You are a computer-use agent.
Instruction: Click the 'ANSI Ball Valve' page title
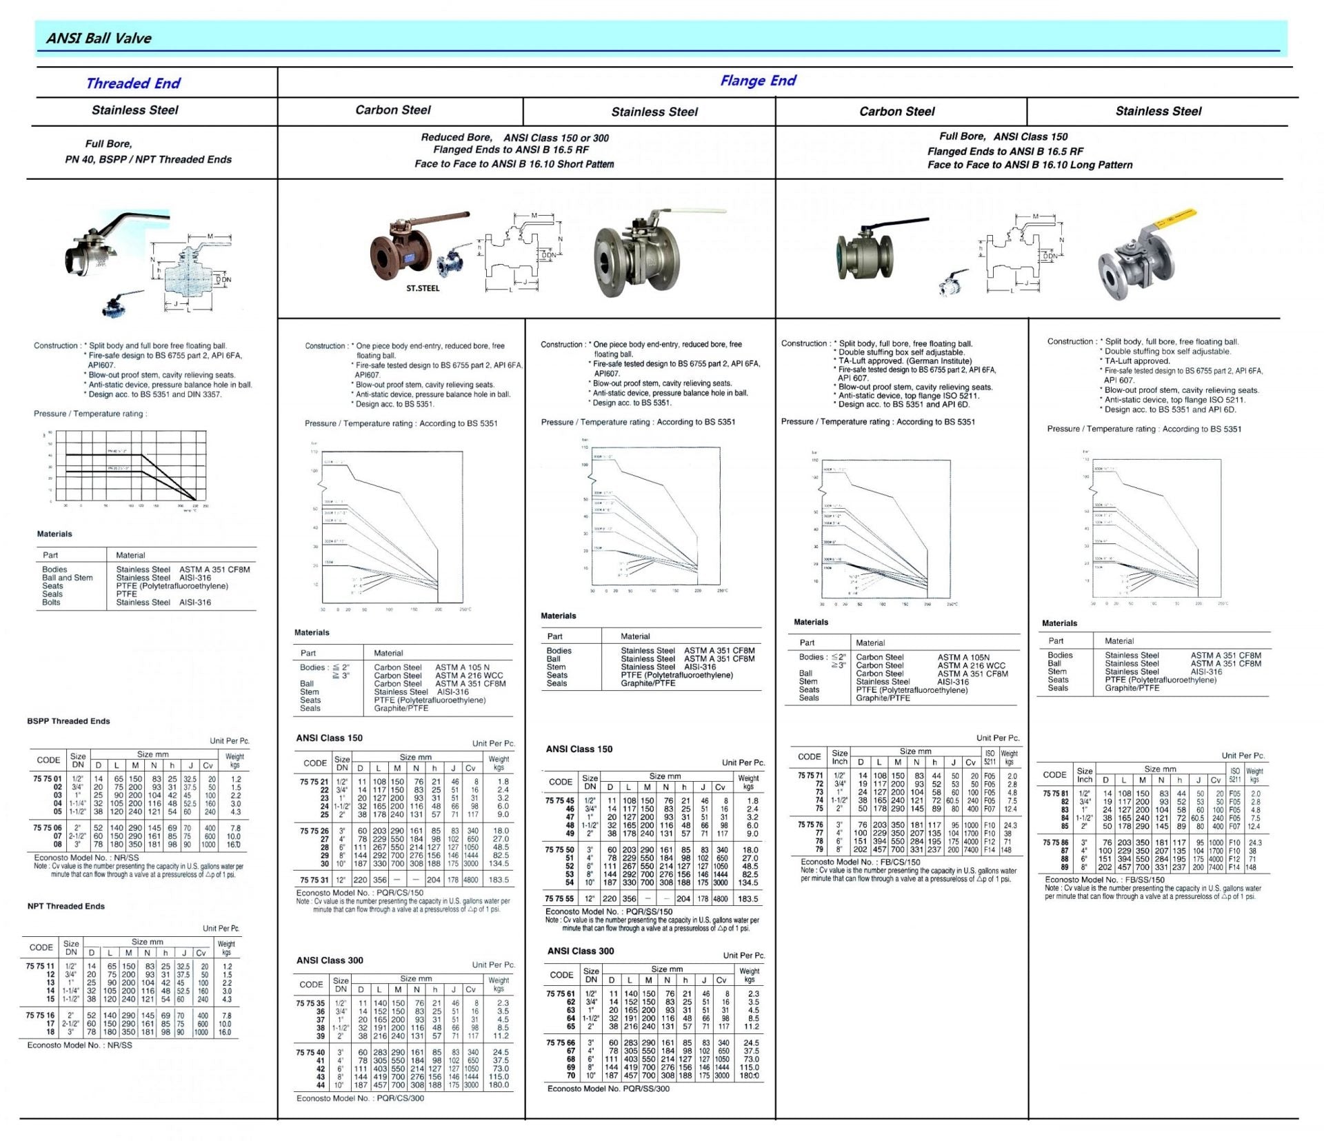99,39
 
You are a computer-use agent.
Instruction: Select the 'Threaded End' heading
132,83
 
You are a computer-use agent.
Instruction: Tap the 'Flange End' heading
757,81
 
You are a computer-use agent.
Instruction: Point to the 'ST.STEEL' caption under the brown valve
422,288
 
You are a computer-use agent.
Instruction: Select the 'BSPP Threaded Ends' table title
68,721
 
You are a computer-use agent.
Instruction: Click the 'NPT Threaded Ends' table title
66,906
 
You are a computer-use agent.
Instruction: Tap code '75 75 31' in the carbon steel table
314,880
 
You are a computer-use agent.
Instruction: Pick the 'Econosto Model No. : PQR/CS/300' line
360,1098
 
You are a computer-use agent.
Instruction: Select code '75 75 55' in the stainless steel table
559,898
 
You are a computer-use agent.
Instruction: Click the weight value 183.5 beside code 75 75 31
498,880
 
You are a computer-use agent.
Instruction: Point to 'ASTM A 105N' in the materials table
963,658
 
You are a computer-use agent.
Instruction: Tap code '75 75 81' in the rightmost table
1055,794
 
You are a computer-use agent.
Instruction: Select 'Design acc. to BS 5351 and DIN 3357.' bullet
154,394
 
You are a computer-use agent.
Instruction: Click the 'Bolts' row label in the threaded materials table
51,602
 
